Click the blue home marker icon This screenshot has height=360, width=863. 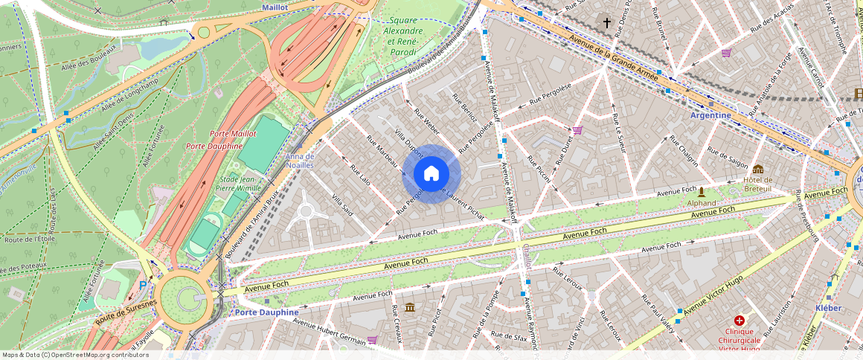pyautogui.click(x=431, y=174)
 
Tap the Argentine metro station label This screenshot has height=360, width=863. pyautogui.click(x=710, y=115)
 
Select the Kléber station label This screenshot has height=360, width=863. pyautogui.click(x=828, y=307)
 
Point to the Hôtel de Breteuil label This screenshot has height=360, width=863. pyautogui.click(x=757, y=184)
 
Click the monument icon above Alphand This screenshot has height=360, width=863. pyautogui.click(x=701, y=191)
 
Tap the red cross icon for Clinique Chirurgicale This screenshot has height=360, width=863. pyautogui.click(x=739, y=320)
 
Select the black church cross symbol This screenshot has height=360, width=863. pyautogui.click(x=606, y=23)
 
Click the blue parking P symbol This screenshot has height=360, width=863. pyautogui.click(x=143, y=285)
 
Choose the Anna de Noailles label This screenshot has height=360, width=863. pyautogui.click(x=300, y=161)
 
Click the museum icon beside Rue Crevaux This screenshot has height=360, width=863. pyautogui.click(x=410, y=307)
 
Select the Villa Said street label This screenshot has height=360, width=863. pyautogui.click(x=342, y=205)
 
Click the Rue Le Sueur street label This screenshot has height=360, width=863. pyautogui.click(x=617, y=134)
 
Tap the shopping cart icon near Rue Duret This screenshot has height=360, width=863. pyautogui.click(x=577, y=130)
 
